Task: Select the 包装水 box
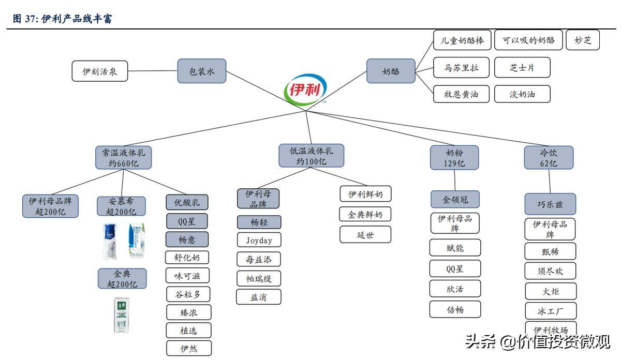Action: pos(202,71)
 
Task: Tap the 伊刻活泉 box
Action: pos(100,71)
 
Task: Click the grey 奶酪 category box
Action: pos(391,71)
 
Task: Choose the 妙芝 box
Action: pos(583,40)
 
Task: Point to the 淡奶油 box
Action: pos(522,94)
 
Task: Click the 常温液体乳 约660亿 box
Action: pos(123,157)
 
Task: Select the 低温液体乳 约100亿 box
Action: pos(311,156)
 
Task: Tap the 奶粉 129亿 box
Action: pos(454,157)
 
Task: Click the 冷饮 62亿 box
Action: pos(548,157)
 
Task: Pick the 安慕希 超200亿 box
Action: pos(121,206)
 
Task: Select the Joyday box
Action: pos(259,240)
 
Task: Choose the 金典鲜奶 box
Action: pos(365,214)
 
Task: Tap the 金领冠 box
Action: pos(455,199)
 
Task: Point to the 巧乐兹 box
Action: pos(550,204)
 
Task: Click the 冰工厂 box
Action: pos(550,311)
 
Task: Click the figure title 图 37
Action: pos(62,19)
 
